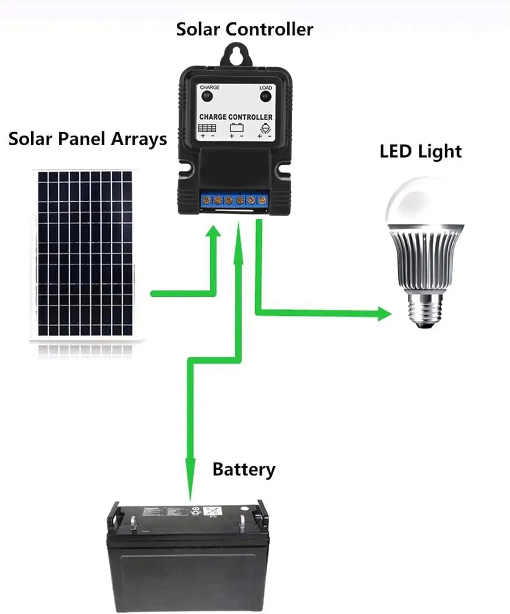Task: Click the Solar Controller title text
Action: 244,29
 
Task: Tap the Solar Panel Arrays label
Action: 88,139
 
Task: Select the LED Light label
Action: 420,152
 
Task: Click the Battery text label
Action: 244,469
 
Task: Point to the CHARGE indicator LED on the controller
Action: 208,97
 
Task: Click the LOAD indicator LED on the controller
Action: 266,97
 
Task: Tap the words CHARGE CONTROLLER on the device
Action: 236,117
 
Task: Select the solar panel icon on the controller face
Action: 207,128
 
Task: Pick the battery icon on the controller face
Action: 236,128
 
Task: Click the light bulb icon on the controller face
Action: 265,128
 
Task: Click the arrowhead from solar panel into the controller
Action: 213,231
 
